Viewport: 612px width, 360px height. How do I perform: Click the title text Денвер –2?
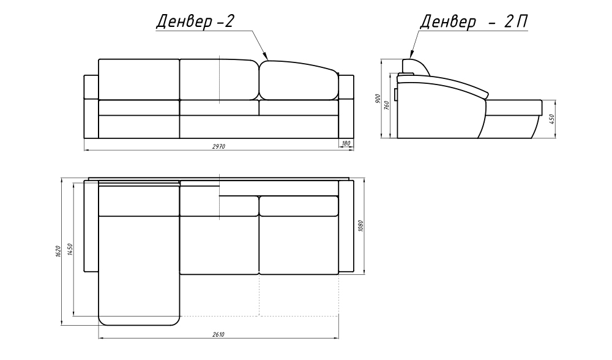[x=195, y=21]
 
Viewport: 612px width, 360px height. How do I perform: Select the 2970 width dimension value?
[x=218, y=147]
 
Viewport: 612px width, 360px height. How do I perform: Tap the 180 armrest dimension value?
[x=346, y=144]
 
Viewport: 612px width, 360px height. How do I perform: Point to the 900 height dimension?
[x=378, y=99]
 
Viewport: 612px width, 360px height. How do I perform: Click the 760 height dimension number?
[x=386, y=105]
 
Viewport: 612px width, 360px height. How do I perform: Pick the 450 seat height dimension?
[x=551, y=119]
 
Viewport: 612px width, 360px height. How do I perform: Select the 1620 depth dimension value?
[x=58, y=252]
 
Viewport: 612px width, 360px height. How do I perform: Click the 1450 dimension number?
[x=70, y=250]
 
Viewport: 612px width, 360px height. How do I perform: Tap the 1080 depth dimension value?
[x=360, y=226]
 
